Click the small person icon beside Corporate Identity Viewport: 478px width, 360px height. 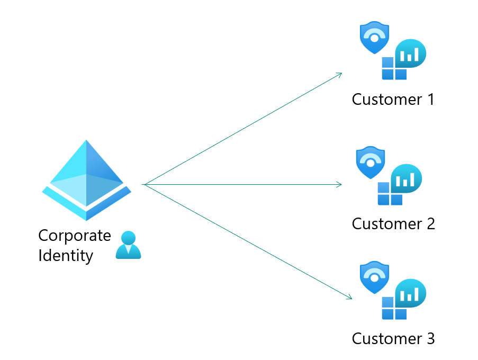128,245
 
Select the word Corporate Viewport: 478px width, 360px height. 75,235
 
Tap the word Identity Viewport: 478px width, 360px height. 66,256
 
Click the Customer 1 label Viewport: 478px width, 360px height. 393,99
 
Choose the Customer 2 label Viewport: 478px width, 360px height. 393,223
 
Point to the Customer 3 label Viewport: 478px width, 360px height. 393,338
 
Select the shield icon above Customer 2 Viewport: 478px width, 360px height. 371,162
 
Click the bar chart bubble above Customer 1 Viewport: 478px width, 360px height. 410,53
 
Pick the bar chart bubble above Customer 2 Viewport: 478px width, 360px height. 406,178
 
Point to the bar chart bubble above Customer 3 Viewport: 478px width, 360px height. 410,293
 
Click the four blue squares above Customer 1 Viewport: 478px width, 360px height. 394,69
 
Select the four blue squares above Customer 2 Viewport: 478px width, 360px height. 390,194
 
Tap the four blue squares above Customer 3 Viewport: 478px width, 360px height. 394,309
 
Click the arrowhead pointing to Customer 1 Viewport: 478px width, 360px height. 340,74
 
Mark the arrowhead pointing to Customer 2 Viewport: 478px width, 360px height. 340,184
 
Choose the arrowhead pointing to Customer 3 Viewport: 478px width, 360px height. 349,298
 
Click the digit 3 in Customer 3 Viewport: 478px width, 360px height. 429,338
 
